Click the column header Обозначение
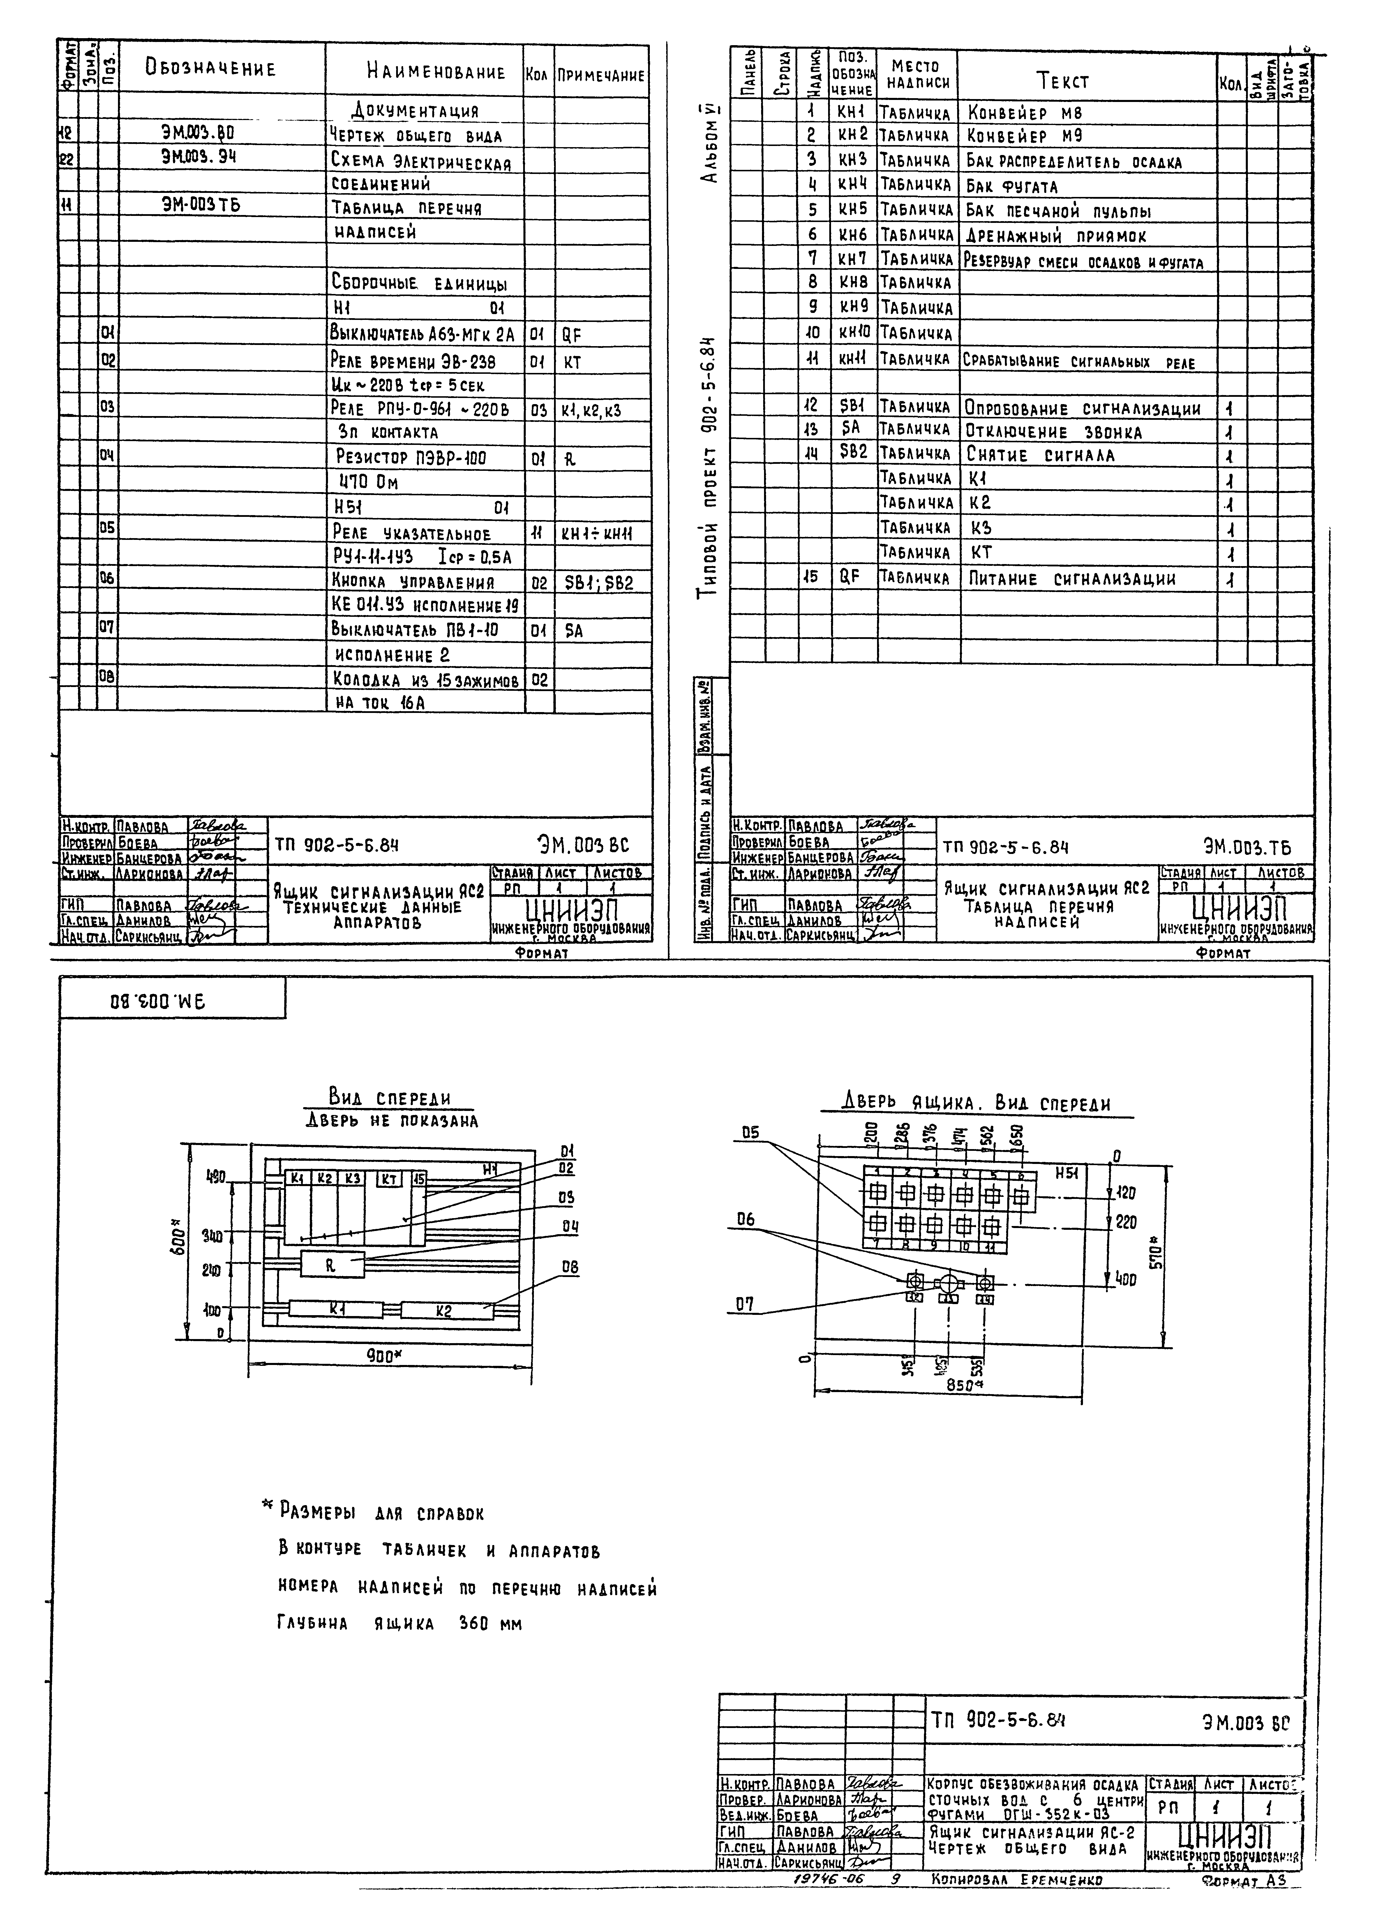click(x=211, y=69)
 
